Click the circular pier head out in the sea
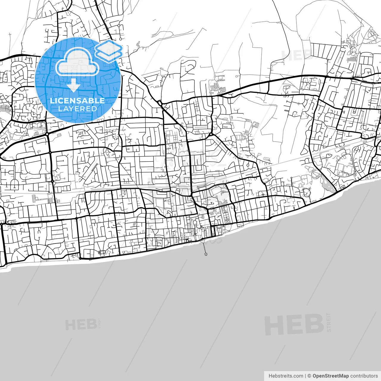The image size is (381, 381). click(x=206, y=254)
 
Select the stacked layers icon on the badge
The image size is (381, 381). click(x=109, y=50)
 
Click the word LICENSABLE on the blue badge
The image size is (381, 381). click(x=77, y=101)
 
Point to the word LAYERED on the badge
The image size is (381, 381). click(x=77, y=109)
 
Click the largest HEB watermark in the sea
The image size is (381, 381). click(x=294, y=324)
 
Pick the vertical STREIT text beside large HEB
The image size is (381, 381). click(x=329, y=322)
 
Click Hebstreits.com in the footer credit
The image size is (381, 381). click(x=286, y=376)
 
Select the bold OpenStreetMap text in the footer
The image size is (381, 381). click(x=330, y=376)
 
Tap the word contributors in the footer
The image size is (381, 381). click(x=364, y=376)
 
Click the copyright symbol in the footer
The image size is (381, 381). click(x=309, y=376)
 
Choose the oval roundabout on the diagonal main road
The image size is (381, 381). click(x=160, y=103)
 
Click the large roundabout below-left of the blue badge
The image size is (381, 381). click(x=47, y=134)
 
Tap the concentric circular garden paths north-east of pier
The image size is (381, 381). click(x=227, y=221)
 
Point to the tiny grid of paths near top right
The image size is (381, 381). click(x=352, y=60)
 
